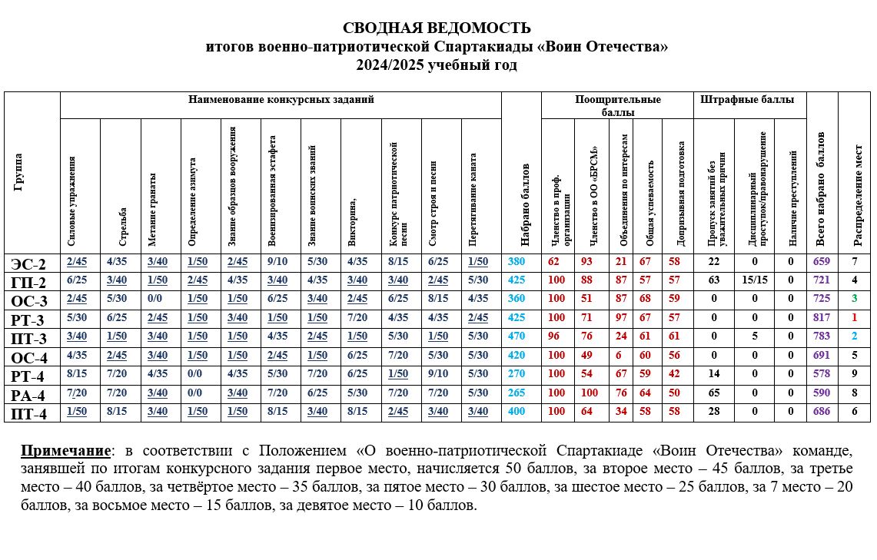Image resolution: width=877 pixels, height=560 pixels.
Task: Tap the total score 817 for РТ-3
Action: pos(822,317)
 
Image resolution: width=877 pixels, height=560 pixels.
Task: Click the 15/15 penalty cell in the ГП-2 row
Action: pos(754,280)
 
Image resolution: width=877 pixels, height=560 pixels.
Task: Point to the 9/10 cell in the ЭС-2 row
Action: pos(280,262)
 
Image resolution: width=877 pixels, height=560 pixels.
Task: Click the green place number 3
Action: pos(854,298)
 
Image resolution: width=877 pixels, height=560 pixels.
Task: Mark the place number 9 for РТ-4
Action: pos(854,374)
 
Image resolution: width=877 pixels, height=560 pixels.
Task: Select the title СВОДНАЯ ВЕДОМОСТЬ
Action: pos(436,28)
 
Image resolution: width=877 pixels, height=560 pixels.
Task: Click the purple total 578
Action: pos(822,374)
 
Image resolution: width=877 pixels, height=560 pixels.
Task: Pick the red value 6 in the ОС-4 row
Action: pos(620,356)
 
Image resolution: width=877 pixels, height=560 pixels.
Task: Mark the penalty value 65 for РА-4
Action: pos(713,394)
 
